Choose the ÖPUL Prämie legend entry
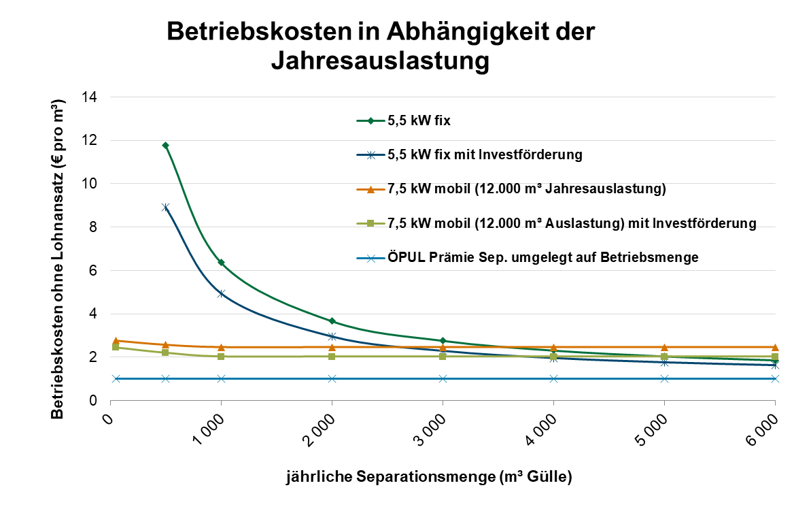pyautogui.click(x=543, y=257)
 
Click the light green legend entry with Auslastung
pyautogui.click(x=572, y=223)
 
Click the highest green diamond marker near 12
pyautogui.click(x=165, y=146)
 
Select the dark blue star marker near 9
pyautogui.click(x=165, y=207)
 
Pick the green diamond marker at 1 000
pyautogui.click(x=221, y=262)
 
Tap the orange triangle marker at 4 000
pyautogui.click(x=553, y=347)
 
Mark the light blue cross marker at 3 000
pyautogui.click(x=443, y=378)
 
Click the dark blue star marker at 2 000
pyautogui.click(x=332, y=336)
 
